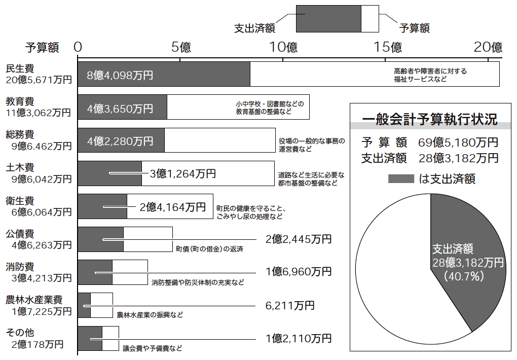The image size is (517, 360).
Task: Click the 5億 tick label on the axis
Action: click(x=180, y=47)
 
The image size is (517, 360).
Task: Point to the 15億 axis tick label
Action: click(x=387, y=47)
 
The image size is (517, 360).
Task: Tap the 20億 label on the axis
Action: click(x=488, y=47)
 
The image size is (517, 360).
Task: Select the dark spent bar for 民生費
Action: click(x=164, y=74)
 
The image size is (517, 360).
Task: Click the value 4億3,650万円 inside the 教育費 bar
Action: click(x=120, y=109)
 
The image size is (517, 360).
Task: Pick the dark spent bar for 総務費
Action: click(x=121, y=140)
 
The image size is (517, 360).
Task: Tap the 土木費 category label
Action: click(x=20, y=168)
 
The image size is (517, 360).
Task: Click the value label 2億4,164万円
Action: click(x=173, y=207)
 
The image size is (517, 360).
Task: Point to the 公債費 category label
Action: click(x=20, y=234)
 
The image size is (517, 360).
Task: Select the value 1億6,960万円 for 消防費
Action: click(x=299, y=272)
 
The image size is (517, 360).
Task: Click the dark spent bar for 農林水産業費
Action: click(x=84, y=305)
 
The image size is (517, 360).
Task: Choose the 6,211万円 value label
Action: click(x=290, y=306)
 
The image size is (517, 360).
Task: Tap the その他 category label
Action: click(x=20, y=333)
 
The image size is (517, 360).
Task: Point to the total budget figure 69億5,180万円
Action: click(x=458, y=142)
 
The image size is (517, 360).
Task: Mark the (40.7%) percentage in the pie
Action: click(x=464, y=276)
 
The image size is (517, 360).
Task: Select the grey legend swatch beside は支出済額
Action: click(x=401, y=179)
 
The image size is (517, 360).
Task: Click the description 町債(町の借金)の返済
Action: click(x=209, y=249)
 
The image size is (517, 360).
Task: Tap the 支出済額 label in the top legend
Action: click(x=254, y=28)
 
